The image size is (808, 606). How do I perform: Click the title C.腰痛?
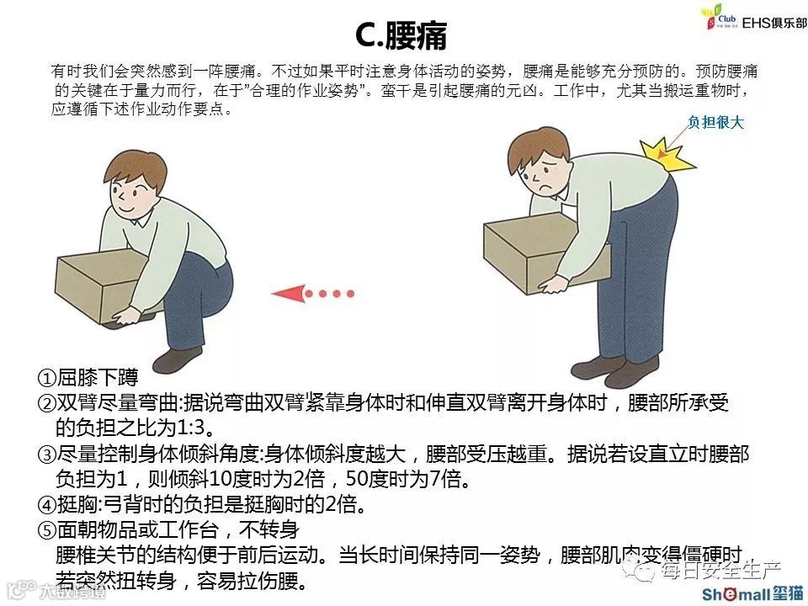pos(401,35)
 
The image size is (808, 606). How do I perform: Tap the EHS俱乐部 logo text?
pos(774,23)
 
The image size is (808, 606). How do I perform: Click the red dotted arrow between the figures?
pos(313,294)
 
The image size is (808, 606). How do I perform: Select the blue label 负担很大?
pos(715,122)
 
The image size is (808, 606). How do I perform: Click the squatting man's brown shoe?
pos(177,359)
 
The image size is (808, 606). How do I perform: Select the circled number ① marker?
pos(46,378)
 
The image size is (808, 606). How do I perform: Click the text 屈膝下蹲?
pos(98,377)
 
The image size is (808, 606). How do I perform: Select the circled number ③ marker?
pos(46,454)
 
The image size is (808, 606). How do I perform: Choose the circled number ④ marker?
pos(46,504)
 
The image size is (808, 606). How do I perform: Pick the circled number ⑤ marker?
pos(46,529)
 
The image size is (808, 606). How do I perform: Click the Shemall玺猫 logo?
pos(752,594)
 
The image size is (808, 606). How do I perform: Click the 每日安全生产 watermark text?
pos(721,570)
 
